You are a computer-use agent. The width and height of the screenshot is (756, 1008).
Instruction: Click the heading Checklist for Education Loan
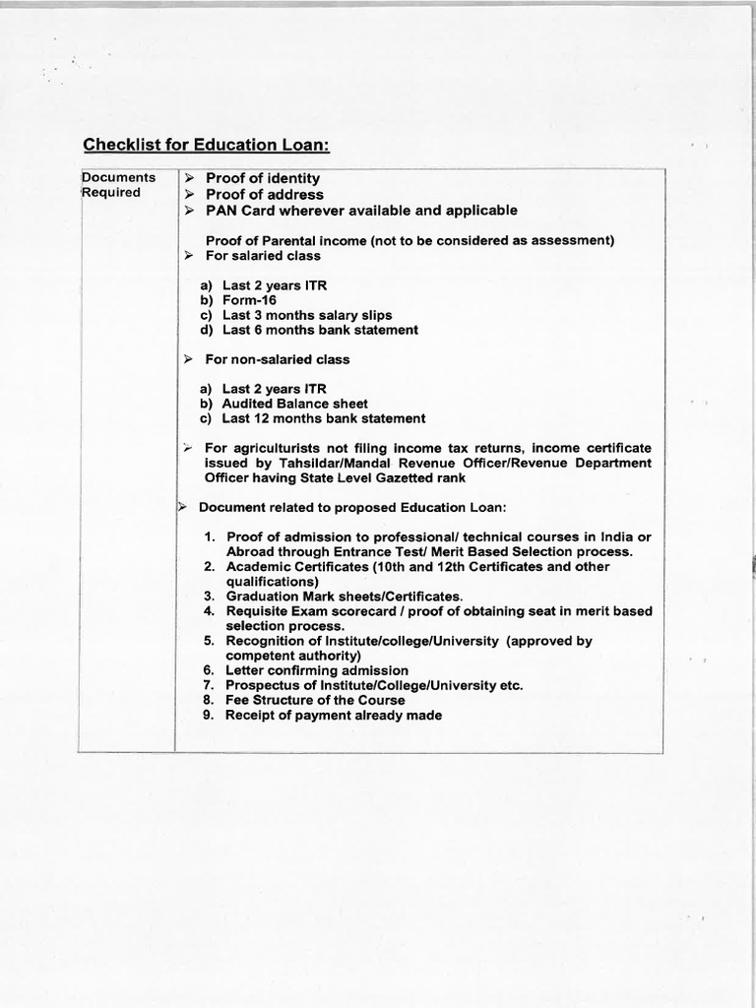206,145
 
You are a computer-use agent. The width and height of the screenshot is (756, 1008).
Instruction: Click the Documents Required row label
118,185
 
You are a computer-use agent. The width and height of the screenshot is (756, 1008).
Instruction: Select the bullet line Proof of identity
262,178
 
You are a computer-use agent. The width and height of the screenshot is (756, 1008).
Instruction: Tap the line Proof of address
264,195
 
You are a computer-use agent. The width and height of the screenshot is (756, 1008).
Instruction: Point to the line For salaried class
262,256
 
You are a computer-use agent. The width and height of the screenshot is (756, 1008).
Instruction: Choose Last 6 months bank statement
319,330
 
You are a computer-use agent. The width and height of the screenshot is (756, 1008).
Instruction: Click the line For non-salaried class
277,359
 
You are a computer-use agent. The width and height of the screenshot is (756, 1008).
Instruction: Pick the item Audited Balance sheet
294,404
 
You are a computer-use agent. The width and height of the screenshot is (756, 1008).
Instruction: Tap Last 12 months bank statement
323,418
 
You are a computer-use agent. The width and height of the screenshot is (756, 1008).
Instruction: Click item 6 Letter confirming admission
316,670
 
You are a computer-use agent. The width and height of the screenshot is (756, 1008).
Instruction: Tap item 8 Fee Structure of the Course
314,700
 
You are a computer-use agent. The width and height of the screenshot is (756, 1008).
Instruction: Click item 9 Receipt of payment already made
333,715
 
